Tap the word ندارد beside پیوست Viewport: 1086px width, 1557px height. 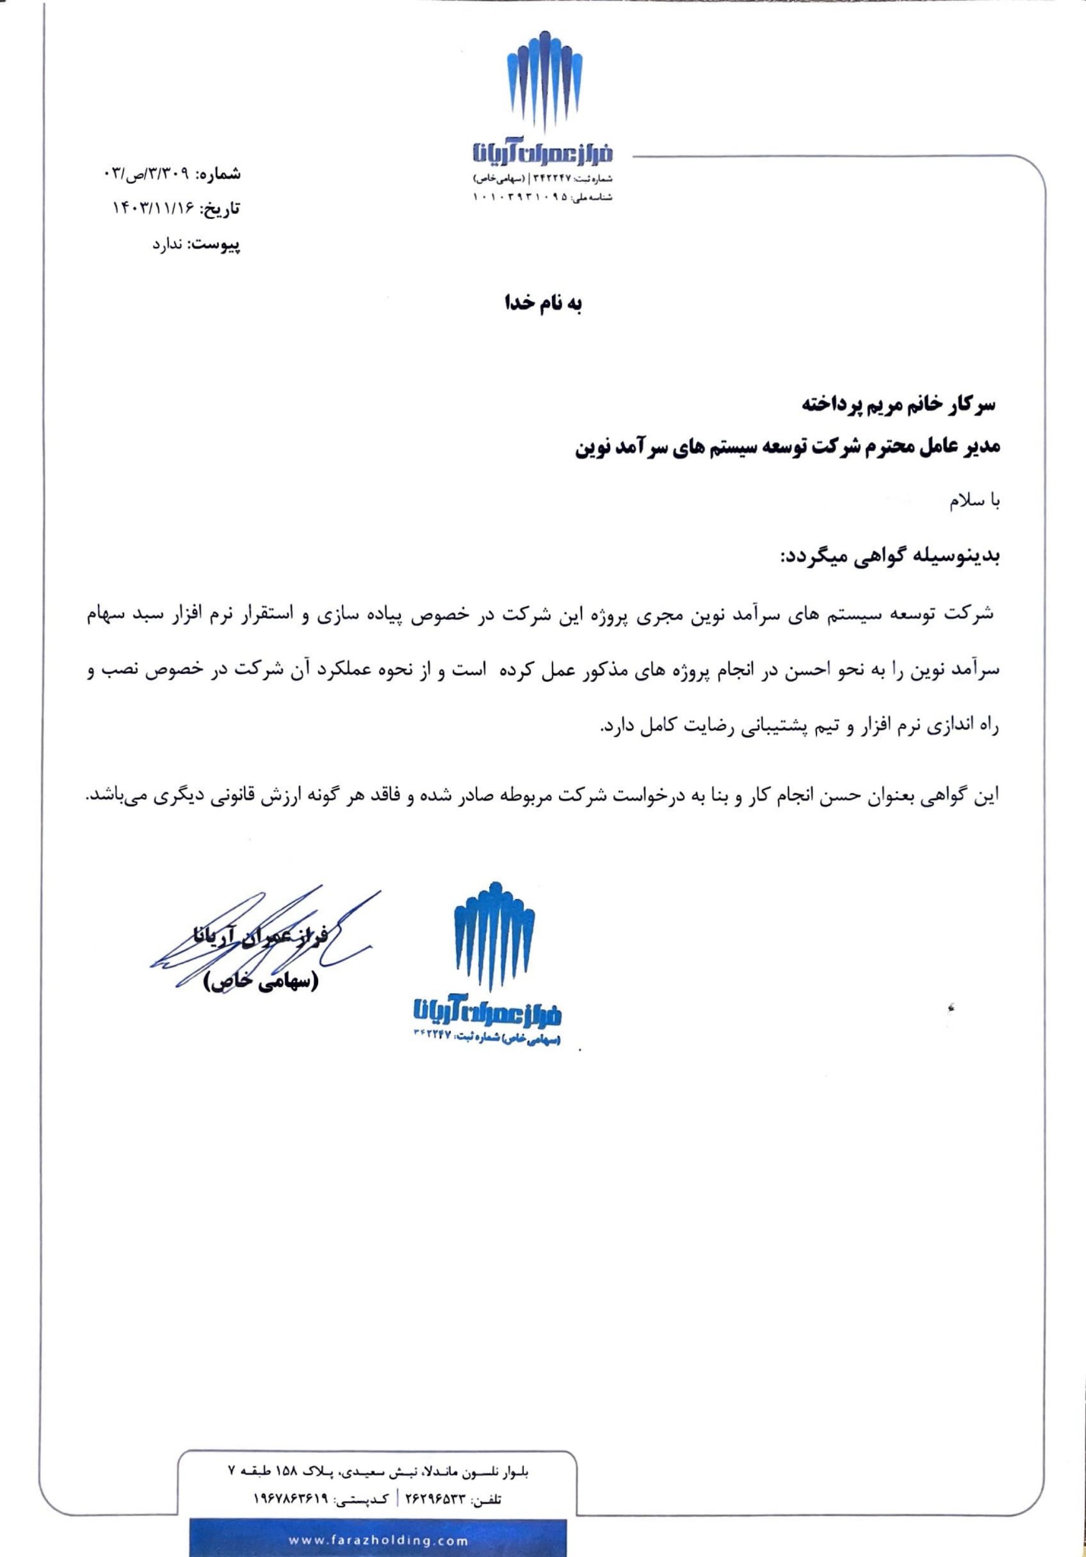[x=167, y=245]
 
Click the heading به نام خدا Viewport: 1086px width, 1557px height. [x=543, y=303]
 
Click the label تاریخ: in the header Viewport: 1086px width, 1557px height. [x=221, y=210]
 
